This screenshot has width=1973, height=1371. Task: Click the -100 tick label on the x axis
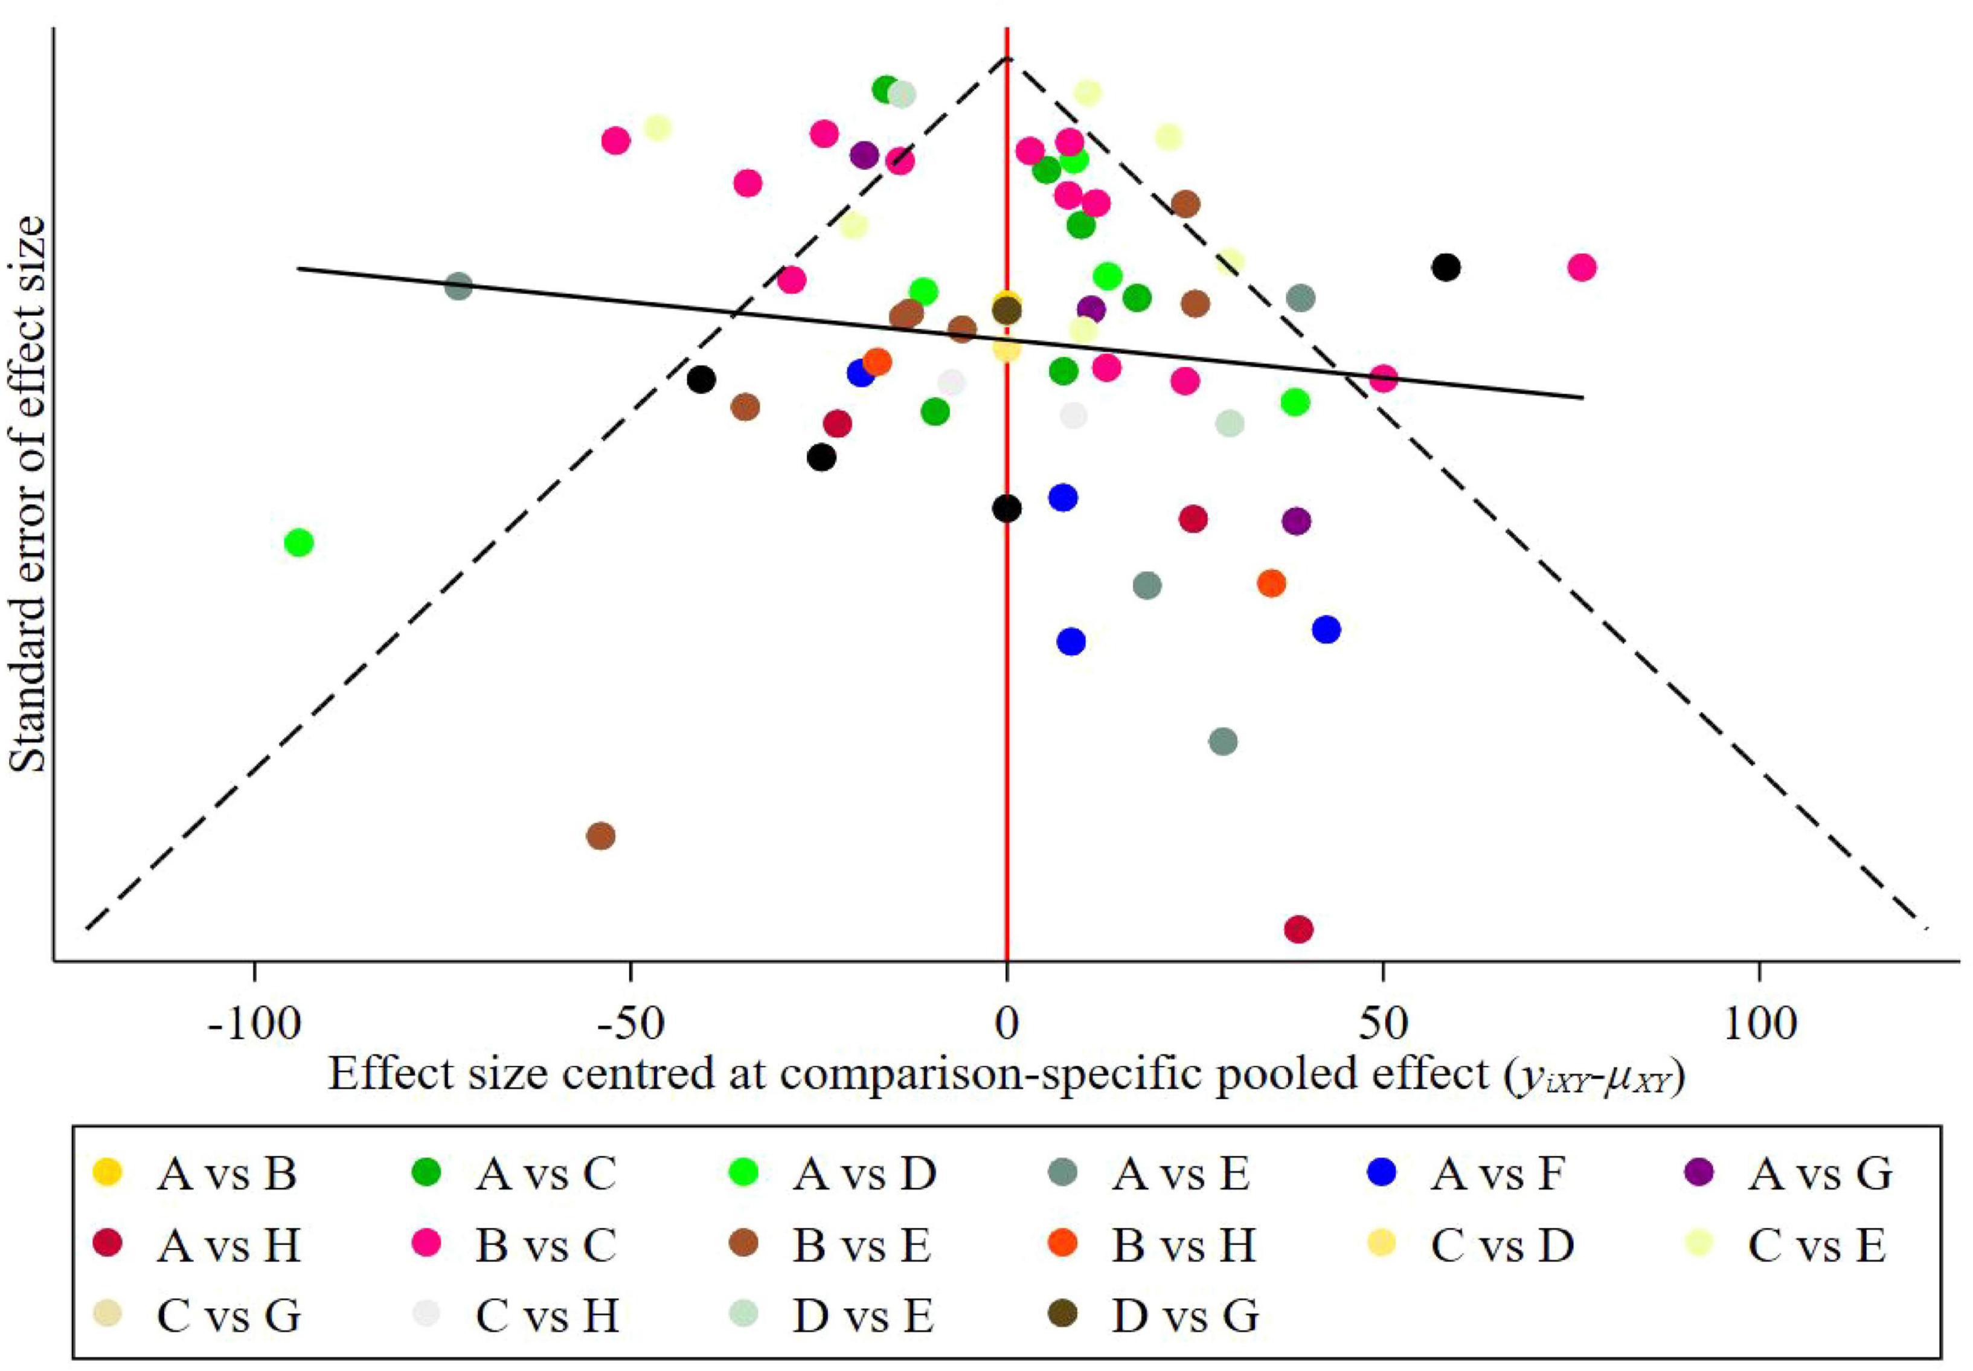coord(255,1024)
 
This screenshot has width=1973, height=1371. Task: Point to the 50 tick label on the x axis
coord(1383,1024)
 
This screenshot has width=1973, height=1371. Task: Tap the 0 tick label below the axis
coord(1007,1024)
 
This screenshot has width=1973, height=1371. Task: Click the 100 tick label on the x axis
coord(1759,1024)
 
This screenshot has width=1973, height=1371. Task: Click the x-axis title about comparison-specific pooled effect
coord(1005,1074)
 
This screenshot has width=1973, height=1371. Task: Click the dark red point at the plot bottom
coord(1299,929)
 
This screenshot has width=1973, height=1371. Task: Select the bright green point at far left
coord(299,542)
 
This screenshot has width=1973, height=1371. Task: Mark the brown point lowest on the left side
coord(602,836)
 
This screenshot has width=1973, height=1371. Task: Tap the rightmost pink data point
coord(1581,267)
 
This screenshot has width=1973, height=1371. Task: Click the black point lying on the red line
coord(1007,509)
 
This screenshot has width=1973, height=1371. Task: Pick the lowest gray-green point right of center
coord(1223,741)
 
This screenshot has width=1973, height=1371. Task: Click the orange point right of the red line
coord(1271,583)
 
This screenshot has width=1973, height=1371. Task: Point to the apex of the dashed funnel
coord(1007,57)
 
